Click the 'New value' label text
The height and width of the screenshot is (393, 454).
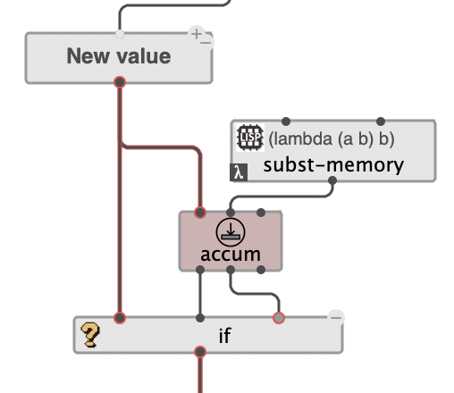118,56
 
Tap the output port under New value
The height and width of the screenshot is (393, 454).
120,82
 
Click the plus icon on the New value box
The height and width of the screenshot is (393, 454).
196,33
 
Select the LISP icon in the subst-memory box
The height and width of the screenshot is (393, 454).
247,139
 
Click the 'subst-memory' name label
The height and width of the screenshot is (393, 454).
333,165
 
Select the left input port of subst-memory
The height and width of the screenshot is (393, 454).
285,121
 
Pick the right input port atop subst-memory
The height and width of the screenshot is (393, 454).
382,121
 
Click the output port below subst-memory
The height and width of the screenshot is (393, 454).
332,181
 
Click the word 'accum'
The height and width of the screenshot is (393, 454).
230,255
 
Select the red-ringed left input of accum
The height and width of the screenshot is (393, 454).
200,213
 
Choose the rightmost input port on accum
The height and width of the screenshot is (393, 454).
260,213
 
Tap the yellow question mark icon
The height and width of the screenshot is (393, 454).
90,336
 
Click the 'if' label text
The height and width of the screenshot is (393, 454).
224,337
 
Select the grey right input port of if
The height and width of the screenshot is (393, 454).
279,317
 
